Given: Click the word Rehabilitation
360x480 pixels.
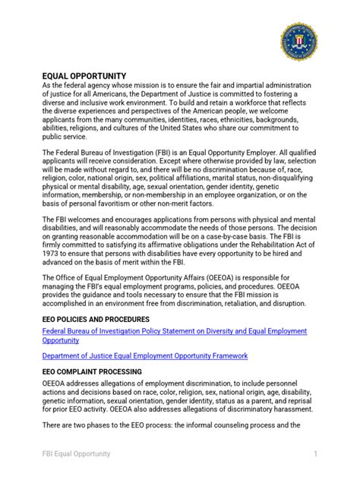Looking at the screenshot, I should pyautogui.click(x=257, y=251).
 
